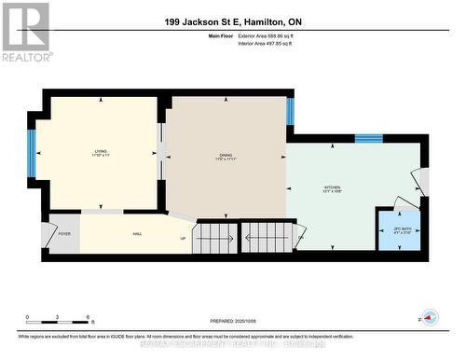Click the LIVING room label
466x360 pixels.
pos(100,151)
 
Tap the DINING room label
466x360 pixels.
pos(225,155)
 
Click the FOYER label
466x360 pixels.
pos(64,234)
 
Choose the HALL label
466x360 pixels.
pos(136,234)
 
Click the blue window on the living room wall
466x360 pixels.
pos(32,153)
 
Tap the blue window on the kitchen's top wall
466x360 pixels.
pos(368,139)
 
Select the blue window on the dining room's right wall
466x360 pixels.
pos(290,112)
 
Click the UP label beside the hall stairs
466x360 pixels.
pos(183,239)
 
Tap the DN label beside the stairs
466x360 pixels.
pos(301,238)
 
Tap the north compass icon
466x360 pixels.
pos(430,315)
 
